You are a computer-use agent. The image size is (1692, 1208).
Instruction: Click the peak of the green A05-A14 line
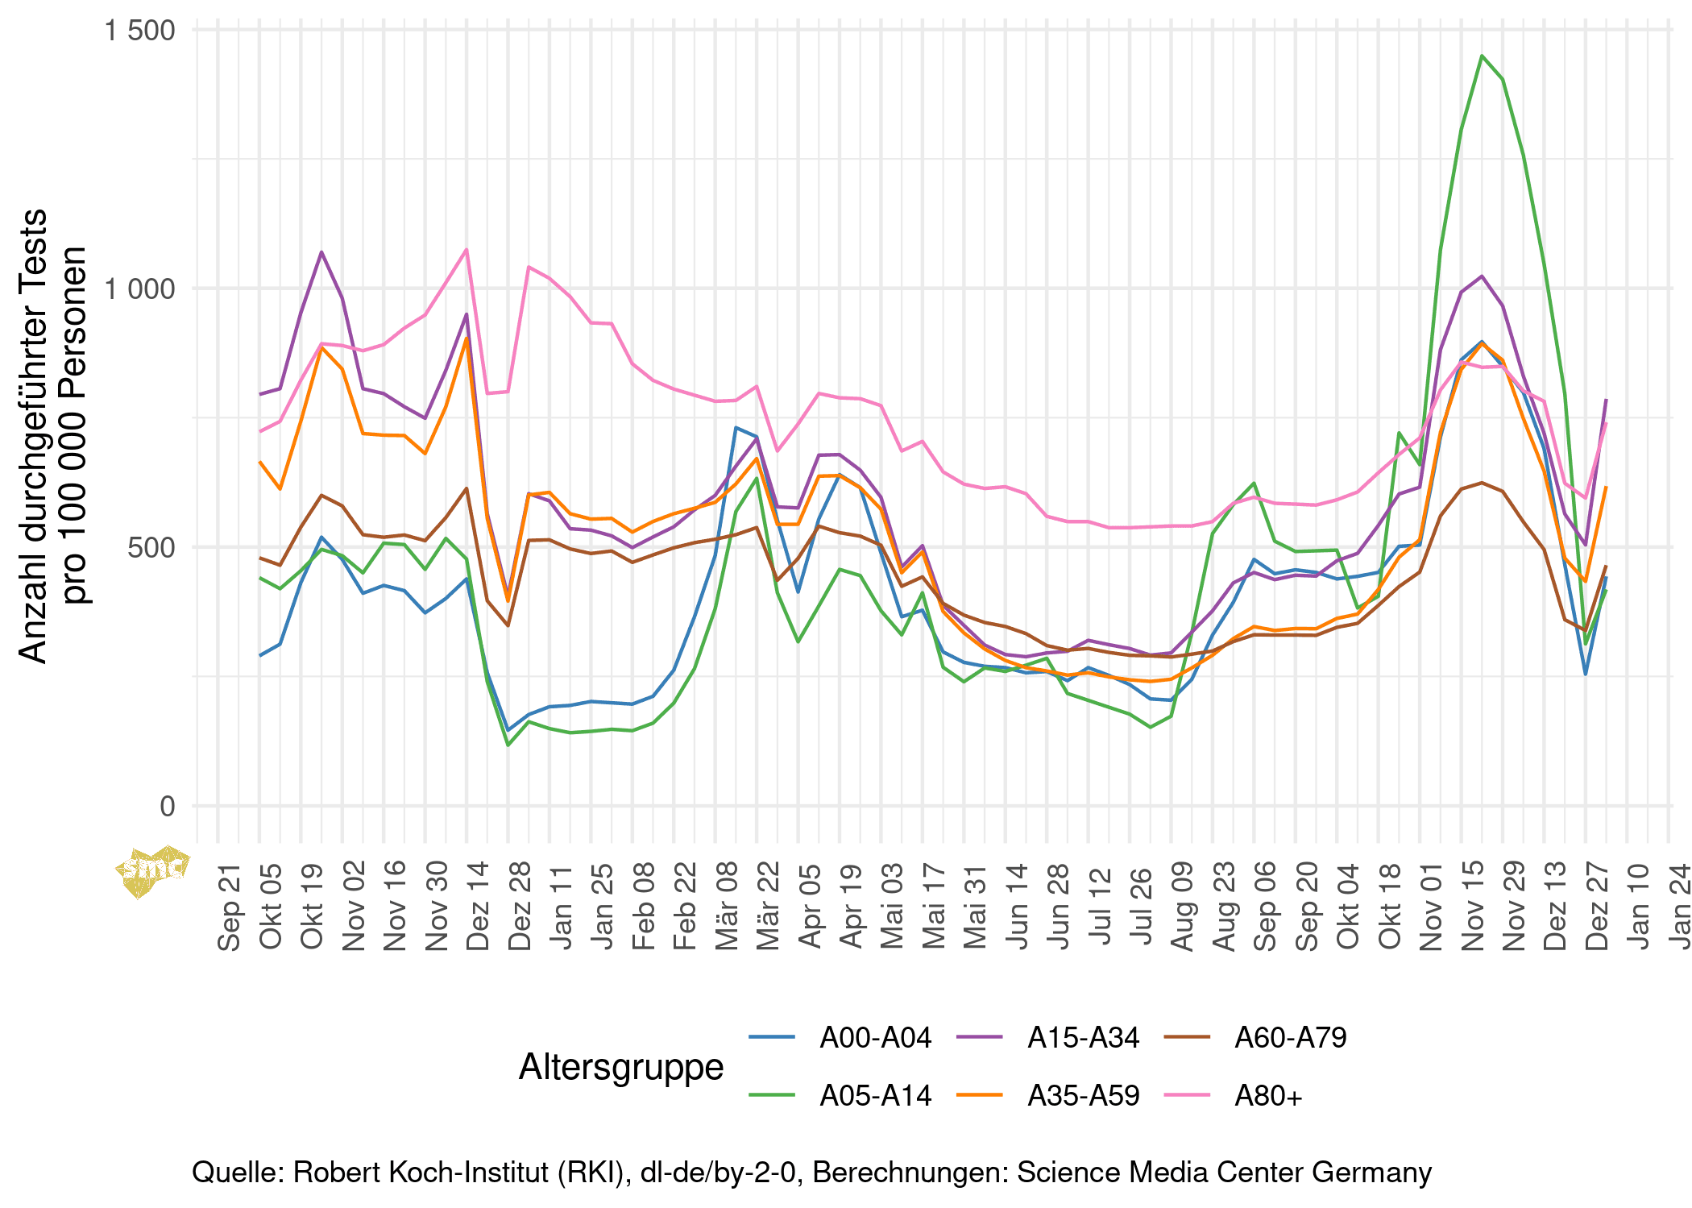pyautogui.click(x=1482, y=56)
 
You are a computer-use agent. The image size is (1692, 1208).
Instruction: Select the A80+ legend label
pyautogui.click(x=1268, y=1096)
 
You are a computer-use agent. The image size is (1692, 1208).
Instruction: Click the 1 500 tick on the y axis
pyautogui.click(x=140, y=31)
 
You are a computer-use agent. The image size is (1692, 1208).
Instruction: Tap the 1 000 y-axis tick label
pyautogui.click(x=140, y=289)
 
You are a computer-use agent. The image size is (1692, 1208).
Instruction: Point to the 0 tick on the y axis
pyautogui.click(x=167, y=806)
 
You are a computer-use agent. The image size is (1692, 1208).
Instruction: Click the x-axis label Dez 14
pyautogui.click(x=477, y=907)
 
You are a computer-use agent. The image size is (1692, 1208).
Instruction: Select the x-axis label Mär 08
pyautogui.click(x=726, y=907)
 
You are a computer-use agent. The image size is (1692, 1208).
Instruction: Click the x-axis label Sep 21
pyautogui.click(x=229, y=907)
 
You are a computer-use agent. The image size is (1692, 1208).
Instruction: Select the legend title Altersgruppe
pyautogui.click(x=621, y=1067)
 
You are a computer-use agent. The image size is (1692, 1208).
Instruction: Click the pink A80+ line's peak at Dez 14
pyautogui.click(x=467, y=249)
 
